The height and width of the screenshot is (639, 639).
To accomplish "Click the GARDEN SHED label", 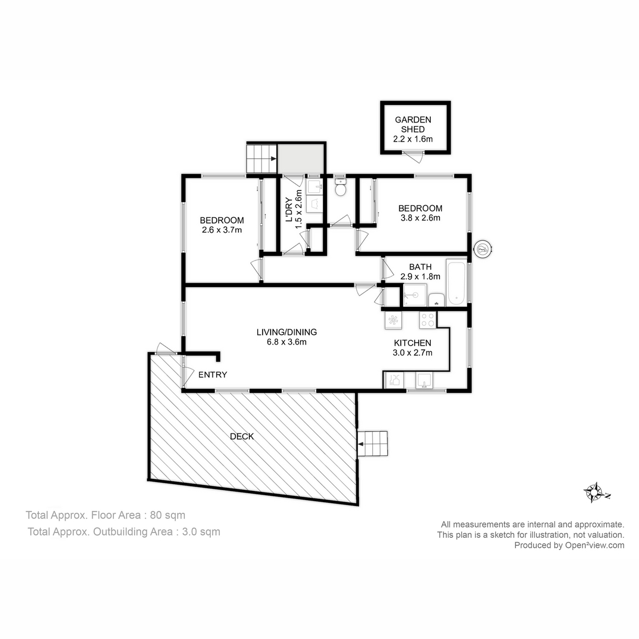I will [x=413, y=125].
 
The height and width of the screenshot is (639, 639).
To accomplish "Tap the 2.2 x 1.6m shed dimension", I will [x=413, y=139].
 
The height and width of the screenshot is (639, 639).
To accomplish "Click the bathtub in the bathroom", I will [x=456, y=282].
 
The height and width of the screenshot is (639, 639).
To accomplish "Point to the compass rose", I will [x=595, y=493].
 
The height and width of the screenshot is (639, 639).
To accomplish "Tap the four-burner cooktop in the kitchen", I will [x=427, y=319].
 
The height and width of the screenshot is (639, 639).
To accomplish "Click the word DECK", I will [x=242, y=437].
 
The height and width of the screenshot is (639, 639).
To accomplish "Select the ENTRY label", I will [x=212, y=375].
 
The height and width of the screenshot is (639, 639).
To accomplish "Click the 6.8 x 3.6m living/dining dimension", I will [x=286, y=342].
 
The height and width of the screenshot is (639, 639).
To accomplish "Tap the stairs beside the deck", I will [x=376, y=443].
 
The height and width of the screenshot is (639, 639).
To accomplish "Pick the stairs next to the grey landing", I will [x=261, y=158].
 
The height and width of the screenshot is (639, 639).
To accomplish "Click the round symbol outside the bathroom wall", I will [x=484, y=248].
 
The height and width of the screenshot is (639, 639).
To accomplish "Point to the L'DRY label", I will [x=290, y=210].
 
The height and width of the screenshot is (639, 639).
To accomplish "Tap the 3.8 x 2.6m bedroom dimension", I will [x=420, y=217].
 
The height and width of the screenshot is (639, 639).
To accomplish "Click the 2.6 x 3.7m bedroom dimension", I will [x=222, y=230].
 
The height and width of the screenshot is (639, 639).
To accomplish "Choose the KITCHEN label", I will [x=412, y=343].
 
